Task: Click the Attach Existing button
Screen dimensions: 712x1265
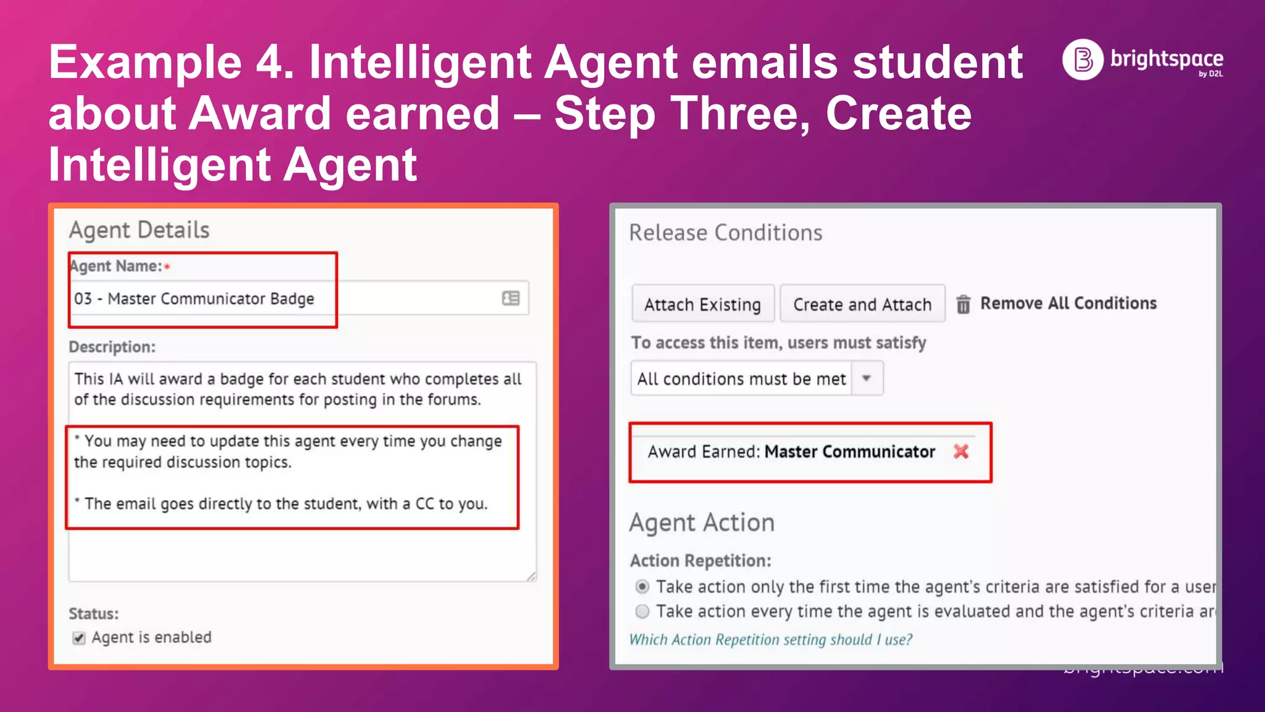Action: (702, 304)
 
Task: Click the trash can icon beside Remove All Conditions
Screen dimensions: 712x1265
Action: (963, 304)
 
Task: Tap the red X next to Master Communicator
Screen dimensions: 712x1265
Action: (960, 452)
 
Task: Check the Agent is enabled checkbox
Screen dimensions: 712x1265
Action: (79, 638)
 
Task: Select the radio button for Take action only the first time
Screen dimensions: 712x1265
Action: (642, 586)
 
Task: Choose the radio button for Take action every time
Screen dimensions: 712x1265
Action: (642, 611)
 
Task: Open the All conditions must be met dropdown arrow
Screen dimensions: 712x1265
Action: (867, 378)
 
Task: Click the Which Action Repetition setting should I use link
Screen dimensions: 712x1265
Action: (770, 640)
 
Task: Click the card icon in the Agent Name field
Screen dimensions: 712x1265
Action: (511, 299)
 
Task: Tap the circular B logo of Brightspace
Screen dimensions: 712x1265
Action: (1083, 59)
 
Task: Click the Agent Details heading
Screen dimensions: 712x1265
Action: (139, 230)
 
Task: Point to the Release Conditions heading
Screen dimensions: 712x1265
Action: (725, 233)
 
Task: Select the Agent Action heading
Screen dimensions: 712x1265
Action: (702, 523)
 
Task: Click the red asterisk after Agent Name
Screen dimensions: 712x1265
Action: (167, 266)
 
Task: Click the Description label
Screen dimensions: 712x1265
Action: (112, 347)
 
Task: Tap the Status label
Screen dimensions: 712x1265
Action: (93, 614)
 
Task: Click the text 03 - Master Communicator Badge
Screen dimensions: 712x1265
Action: (194, 299)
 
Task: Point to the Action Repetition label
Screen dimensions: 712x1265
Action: (700, 561)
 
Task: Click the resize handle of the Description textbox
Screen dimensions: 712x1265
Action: (531, 576)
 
